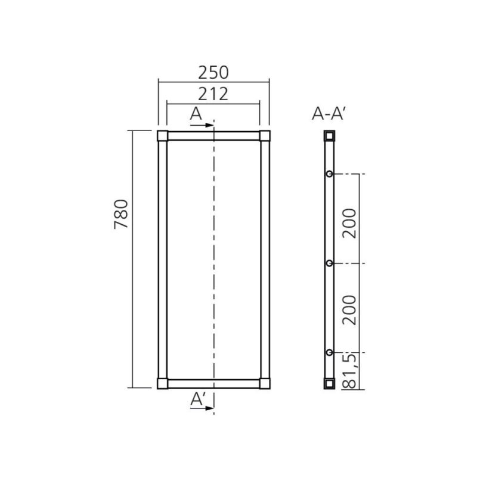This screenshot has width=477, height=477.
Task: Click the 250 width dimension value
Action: pos(213,73)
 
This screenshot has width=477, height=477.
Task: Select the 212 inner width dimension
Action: pos(213,94)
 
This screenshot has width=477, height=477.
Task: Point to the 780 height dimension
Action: pos(121,214)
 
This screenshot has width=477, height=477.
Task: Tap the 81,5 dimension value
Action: pos(349,371)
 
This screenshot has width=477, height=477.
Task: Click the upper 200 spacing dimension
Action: pos(349,223)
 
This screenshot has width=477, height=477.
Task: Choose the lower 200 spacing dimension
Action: pos(349,310)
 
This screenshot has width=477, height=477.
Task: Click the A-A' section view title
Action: pos(329,114)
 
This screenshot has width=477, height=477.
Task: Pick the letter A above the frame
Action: pos(196,114)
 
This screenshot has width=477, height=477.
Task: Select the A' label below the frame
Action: pos(198,399)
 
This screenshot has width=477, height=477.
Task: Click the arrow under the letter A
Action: pos(202,125)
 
